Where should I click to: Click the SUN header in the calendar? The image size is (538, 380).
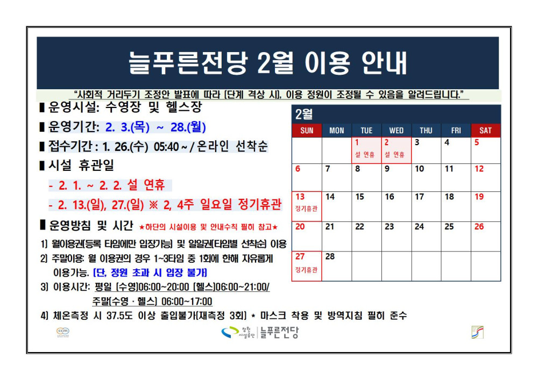click(x=307, y=131)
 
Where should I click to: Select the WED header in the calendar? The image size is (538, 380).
click(x=396, y=131)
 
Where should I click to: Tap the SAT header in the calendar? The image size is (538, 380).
click(x=485, y=131)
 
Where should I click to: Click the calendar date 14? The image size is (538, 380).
click(x=330, y=197)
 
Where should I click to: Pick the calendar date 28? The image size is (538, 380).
click(x=330, y=256)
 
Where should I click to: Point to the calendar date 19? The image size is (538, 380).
click(x=479, y=197)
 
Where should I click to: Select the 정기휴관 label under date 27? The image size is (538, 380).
click(x=307, y=270)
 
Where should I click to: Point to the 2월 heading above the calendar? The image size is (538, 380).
click(x=304, y=114)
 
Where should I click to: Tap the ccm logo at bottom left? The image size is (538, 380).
click(x=62, y=332)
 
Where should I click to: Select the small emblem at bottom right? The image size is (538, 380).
click(x=477, y=332)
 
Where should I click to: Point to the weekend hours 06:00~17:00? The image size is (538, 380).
click(x=187, y=302)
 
